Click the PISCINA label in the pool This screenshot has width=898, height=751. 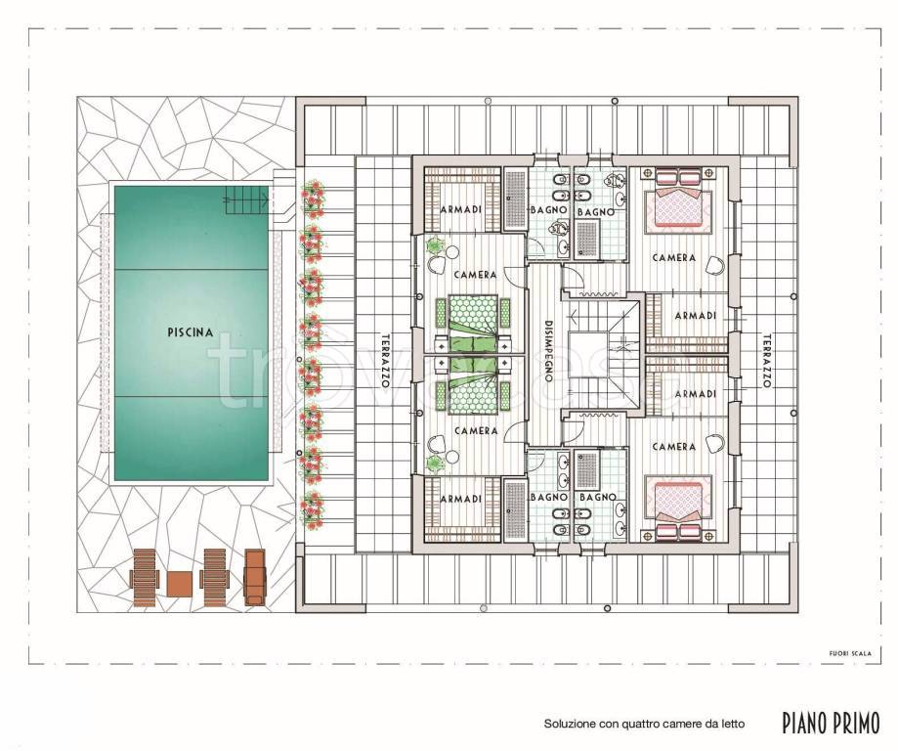[x=191, y=332]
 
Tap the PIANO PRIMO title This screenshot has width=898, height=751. [x=831, y=723]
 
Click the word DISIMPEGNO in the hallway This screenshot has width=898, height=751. [x=548, y=351]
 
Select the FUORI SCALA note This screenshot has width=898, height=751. [x=850, y=653]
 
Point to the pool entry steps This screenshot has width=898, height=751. [x=246, y=200]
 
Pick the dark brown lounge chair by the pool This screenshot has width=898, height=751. [x=255, y=577]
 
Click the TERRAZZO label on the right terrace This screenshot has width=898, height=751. [x=767, y=361]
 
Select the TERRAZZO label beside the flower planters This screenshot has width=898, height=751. [x=385, y=361]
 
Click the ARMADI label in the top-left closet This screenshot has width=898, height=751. [x=461, y=210]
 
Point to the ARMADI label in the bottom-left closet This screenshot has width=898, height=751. [x=461, y=500]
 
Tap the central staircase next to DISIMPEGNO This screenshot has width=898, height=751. [x=604, y=353]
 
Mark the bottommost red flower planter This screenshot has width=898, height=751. [x=312, y=509]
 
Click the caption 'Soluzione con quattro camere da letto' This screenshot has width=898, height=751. [x=644, y=724]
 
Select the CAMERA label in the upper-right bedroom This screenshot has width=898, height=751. [x=674, y=258]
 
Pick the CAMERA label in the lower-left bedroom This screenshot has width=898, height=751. [x=476, y=430]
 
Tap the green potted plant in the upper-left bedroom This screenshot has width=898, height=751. [x=435, y=246]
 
